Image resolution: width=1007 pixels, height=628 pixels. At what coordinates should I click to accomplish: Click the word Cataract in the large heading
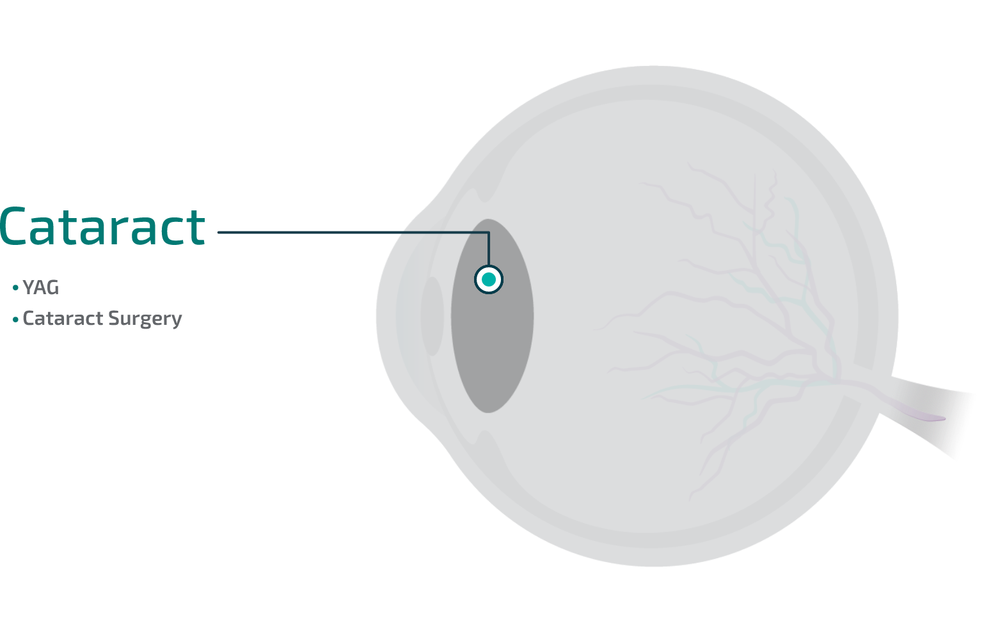pyautogui.click(x=102, y=227)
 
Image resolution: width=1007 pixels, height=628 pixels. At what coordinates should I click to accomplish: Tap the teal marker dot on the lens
pyautogui.click(x=489, y=279)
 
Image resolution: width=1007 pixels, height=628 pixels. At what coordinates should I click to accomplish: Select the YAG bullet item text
pyautogui.click(x=40, y=288)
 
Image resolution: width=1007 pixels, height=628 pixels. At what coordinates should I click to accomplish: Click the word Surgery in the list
pyautogui.click(x=145, y=318)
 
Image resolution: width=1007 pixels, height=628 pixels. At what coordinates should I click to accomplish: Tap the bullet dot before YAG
pyautogui.click(x=15, y=288)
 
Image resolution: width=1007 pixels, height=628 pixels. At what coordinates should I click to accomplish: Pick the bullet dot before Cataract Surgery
pyautogui.click(x=15, y=319)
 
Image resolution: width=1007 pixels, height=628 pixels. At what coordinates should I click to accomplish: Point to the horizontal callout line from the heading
pyautogui.click(x=320, y=232)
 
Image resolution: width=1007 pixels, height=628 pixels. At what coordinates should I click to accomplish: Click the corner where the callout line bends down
pyautogui.click(x=489, y=233)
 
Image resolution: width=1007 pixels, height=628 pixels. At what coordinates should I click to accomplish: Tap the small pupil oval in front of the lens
pyautogui.click(x=433, y=316)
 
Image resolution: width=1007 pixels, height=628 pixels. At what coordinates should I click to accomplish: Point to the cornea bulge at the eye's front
pyautogui.click(x=387, y=317)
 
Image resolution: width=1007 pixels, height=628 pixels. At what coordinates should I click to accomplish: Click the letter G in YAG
pyautogui.click(x=52, y=288)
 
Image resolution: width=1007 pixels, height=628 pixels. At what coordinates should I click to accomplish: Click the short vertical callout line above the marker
pyautogui.click(x=489, y=249)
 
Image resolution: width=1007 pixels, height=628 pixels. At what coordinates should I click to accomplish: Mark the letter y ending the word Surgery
pyautogui.click(x=177, y=320)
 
